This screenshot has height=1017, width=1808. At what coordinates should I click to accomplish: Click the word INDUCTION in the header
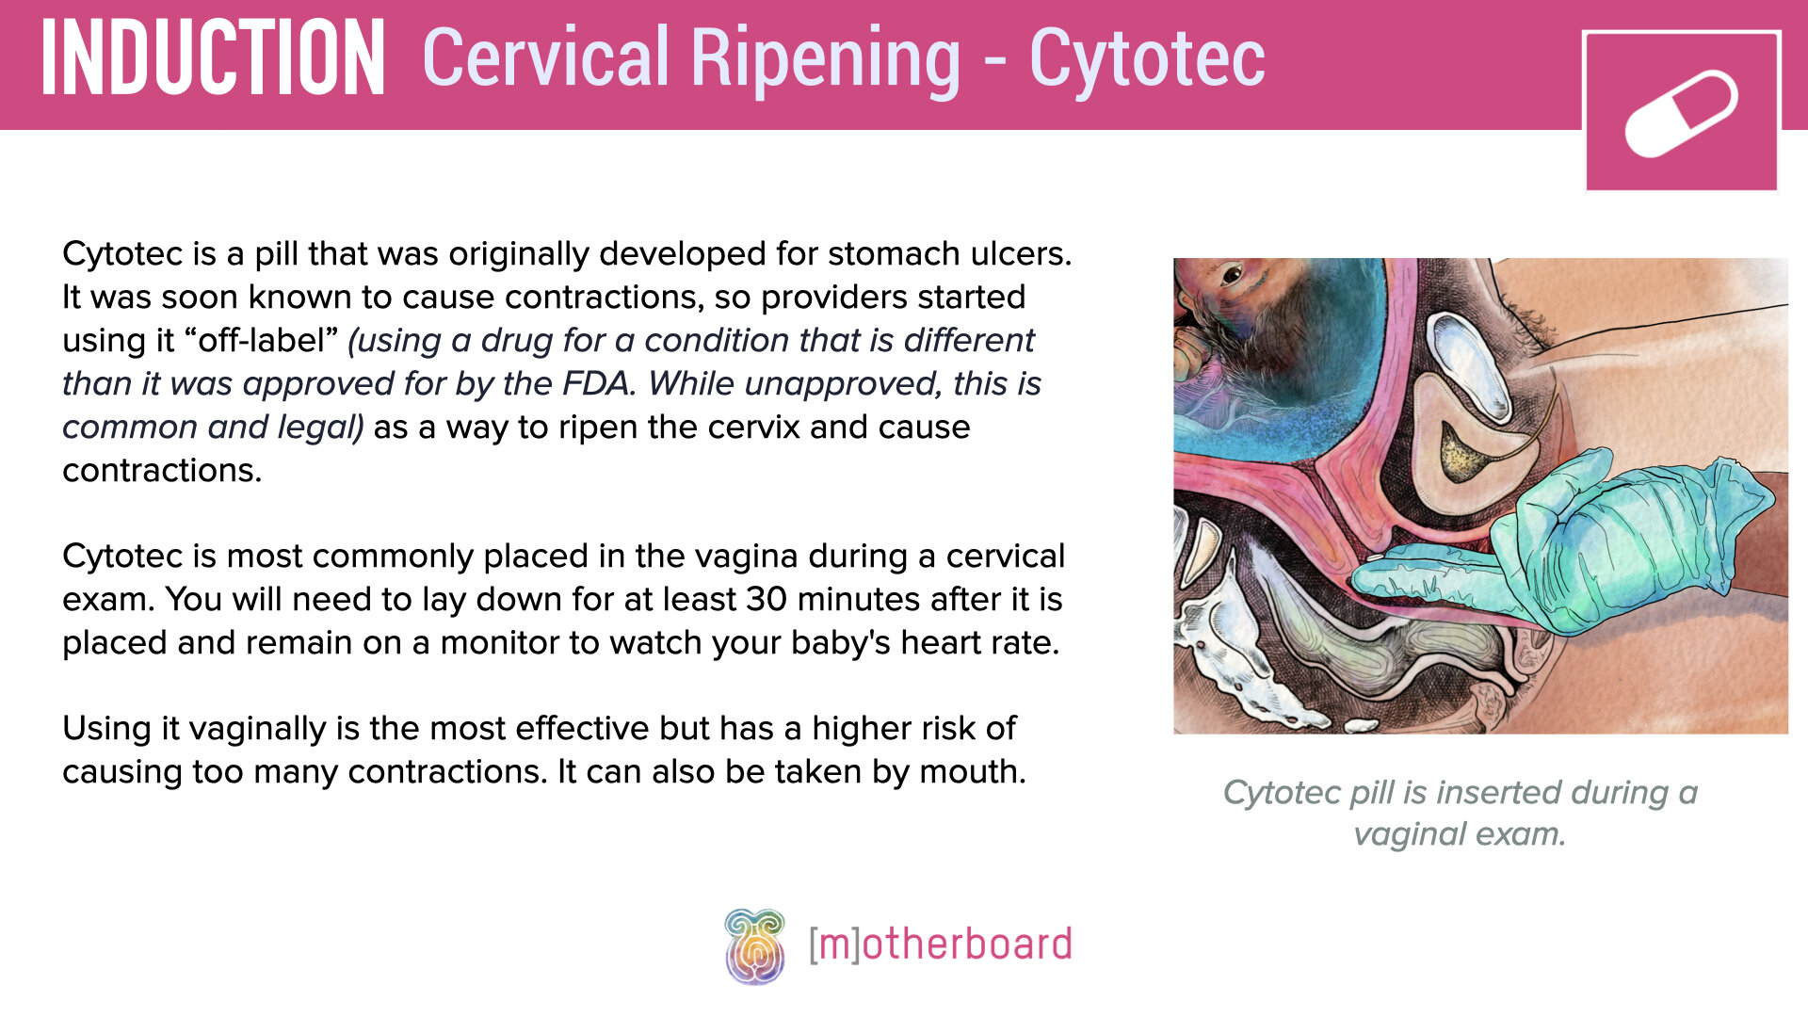coord(213,58)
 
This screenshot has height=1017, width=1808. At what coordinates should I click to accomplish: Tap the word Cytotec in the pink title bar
coord(1147,58)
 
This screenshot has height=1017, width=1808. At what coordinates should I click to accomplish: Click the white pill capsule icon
coord(1681,113)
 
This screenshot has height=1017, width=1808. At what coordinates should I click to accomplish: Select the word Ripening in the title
coord(826,58)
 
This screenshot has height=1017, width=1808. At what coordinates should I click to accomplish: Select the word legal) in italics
coord(319,428)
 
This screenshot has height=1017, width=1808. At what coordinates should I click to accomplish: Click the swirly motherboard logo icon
coord(754,945)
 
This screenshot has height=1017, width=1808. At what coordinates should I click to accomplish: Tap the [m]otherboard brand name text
coord(940,944)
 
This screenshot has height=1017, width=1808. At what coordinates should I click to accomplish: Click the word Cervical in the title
coord(547,58)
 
